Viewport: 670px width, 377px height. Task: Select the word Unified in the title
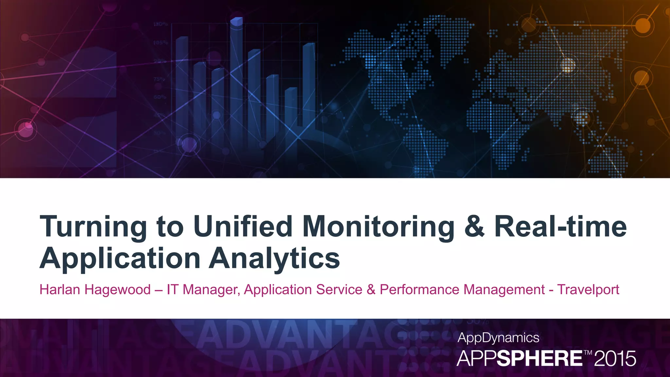pos(243,226)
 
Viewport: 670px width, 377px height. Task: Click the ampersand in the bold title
pos(474,226)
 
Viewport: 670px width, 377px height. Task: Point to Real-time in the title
pos(560,226)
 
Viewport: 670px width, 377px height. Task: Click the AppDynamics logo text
pos(498,338)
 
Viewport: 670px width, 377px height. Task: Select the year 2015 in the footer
pos(615,359)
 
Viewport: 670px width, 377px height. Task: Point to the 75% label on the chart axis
pos(159,79)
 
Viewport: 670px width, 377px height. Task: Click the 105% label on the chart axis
pos(160,43)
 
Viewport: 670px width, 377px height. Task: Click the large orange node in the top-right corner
pos(643,26)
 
